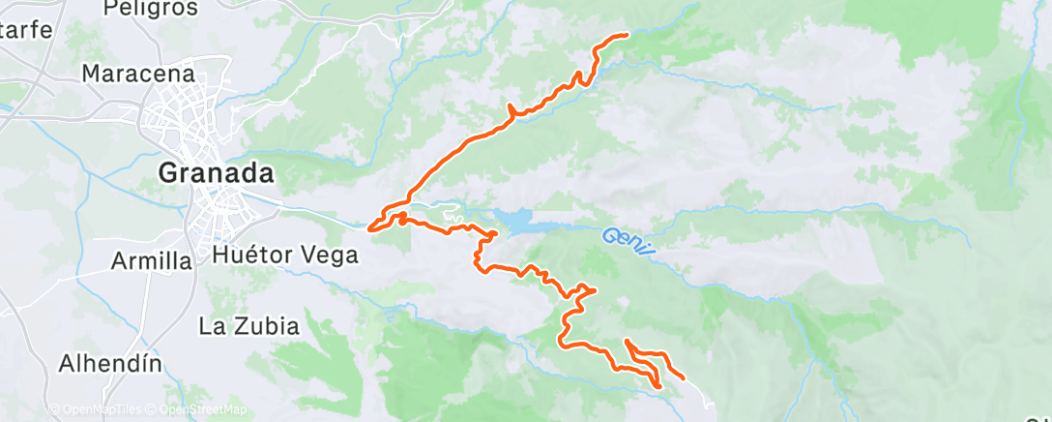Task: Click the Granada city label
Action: coord(216,174)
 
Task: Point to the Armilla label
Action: coord(152,260)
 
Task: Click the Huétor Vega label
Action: coord(284,256)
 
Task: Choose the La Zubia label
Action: coord(249,326)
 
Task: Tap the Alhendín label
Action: coord(110,364)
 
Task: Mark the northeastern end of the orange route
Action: coord(627,35)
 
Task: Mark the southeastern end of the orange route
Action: coord(684,377)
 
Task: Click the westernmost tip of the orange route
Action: coord(369,228)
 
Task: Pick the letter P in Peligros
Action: coord(109,9)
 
